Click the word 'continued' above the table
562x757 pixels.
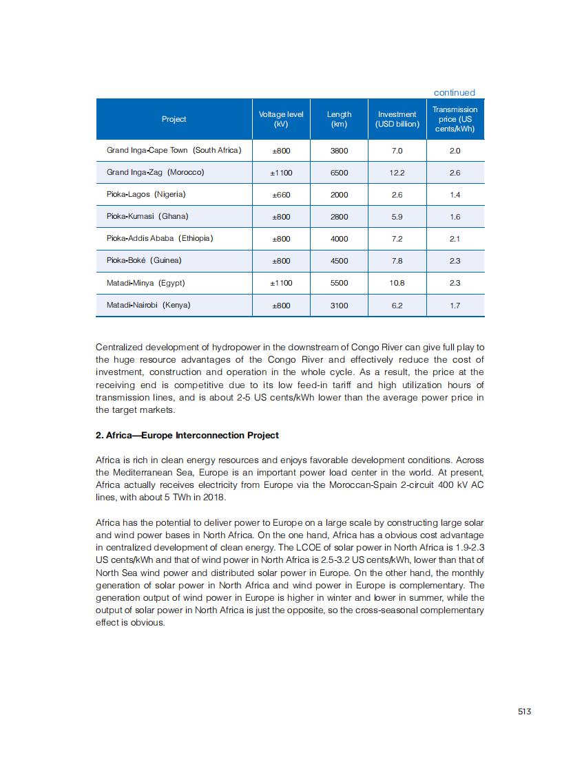click(x=454, y=93)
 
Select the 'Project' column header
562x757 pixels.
click(x=174, y=119)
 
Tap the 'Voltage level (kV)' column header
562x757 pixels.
click(x=281, y=119)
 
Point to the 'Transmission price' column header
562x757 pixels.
click(x=455, y=119)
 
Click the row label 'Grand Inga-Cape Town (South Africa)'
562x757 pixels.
click(x=174, y=150)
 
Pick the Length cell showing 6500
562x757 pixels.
click(x=339, y=173)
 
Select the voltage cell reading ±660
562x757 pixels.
click(x=281, y=195)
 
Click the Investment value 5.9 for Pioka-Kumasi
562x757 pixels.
click(x=397, y=217)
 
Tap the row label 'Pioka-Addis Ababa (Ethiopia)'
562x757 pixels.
click(x=160, y=239)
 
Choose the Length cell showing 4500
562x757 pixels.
click(x=339, y=261)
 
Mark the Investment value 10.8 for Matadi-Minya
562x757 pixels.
click(x=397, y=283)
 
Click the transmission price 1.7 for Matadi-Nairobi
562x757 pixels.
click(x=455, y=306)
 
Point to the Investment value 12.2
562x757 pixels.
click(x=397, y=173)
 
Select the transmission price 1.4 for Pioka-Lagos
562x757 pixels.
click(x=455, y=195)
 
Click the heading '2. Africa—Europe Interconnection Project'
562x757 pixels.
click(x=187, y=436)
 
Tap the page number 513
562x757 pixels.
click(x=524, y=712)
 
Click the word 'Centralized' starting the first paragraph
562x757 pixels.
click(x=118, y=347)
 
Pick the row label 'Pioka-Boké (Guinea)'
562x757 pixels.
click(x=144, y=261)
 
